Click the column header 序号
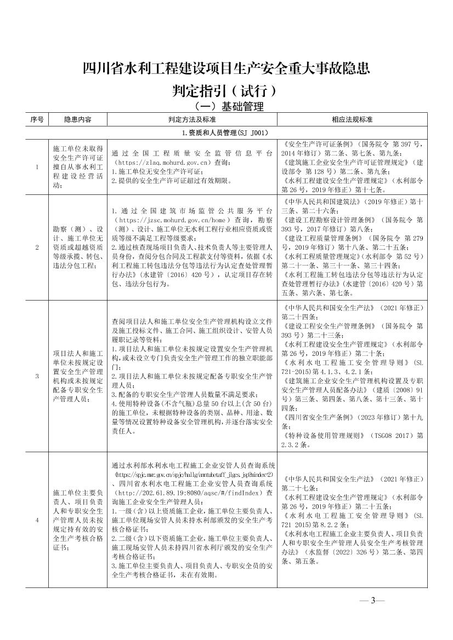point(37,119)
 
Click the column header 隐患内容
point(77,119)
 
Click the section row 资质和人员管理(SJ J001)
point(225,132)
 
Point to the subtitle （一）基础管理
point(225,106)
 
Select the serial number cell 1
point(37,167)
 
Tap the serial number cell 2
point(37,247)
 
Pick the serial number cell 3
point(37,376)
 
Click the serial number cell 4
point(37,520)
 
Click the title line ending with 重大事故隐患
point(225,69)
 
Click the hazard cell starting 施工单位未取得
point(77,167)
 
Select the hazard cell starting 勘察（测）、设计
point(77,247)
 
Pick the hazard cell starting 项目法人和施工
point(77,376)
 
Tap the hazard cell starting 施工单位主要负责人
point(77,520)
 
